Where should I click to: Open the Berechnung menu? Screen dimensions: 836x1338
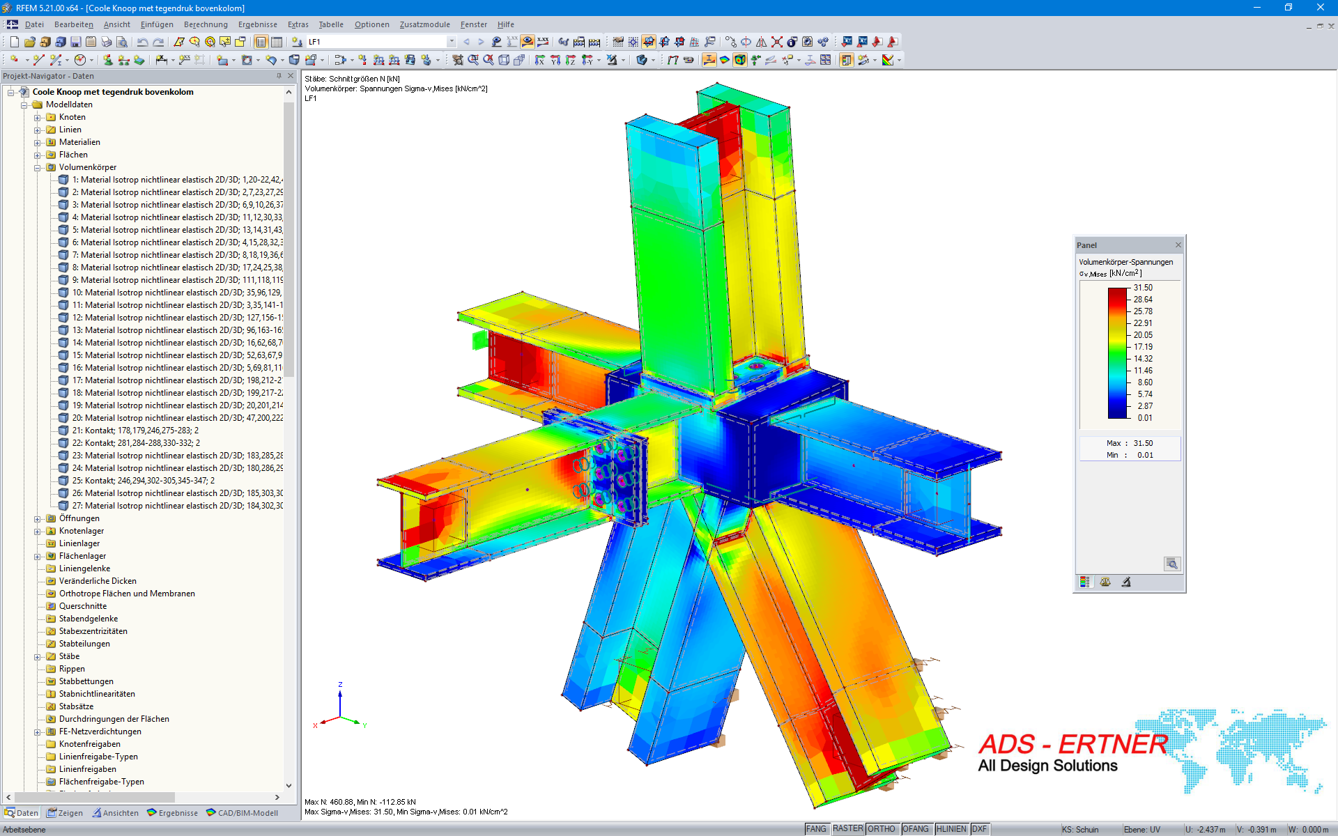206,24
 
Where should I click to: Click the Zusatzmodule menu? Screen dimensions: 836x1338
424,24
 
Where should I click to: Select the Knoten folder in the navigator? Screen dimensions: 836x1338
72,117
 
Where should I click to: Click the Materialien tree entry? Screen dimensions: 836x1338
79,142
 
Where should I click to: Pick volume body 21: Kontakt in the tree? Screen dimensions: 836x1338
135,431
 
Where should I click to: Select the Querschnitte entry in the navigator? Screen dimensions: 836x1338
83,606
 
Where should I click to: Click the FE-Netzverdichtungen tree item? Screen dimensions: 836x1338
100,731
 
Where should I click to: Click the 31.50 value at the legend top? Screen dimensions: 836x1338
1143,288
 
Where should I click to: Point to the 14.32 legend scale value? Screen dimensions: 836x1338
1143,359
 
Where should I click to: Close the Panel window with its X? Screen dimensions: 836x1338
1178,245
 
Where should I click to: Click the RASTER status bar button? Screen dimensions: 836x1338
847,829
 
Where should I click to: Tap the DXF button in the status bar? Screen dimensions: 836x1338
979,829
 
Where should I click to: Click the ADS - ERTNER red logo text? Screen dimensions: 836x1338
1072,744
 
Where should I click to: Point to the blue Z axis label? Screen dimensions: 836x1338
340,685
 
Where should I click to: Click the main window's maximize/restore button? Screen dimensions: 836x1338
1289,8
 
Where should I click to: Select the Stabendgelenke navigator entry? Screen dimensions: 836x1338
89,619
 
